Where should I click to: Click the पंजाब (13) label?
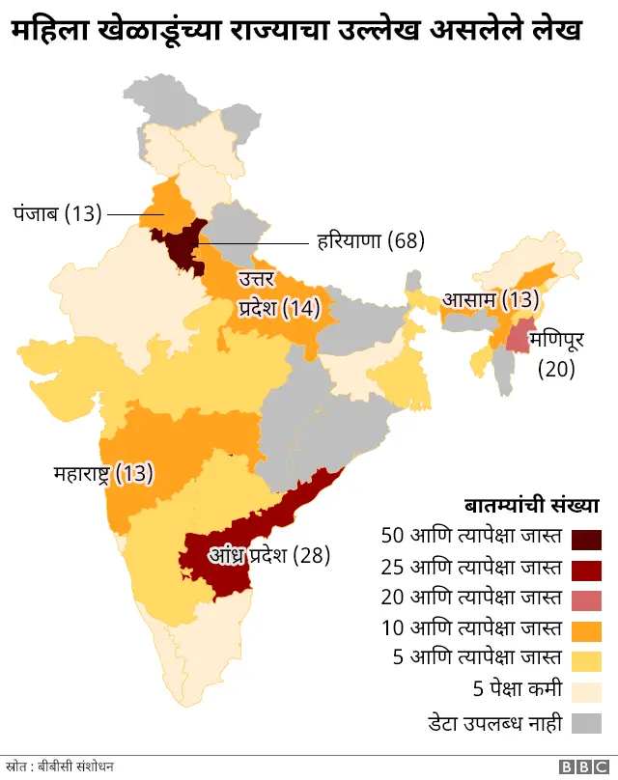tap(57, 213)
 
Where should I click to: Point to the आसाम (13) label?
tap(490, 299)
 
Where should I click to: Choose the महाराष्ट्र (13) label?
tap(103, 473)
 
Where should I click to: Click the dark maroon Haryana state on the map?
tap(181, 246)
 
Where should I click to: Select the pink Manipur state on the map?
tap(520, 338)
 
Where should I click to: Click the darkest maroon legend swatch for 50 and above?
tap(587, 538)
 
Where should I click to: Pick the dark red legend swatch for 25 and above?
tap(587, 569)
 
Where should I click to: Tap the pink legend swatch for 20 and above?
tap(587, 599)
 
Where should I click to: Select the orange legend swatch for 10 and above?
tap(587, 630)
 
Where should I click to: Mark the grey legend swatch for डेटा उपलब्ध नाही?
tap(587, 723)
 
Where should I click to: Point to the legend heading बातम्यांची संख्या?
tap(531, 505)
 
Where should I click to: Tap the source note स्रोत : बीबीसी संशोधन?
tap(67, 766)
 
